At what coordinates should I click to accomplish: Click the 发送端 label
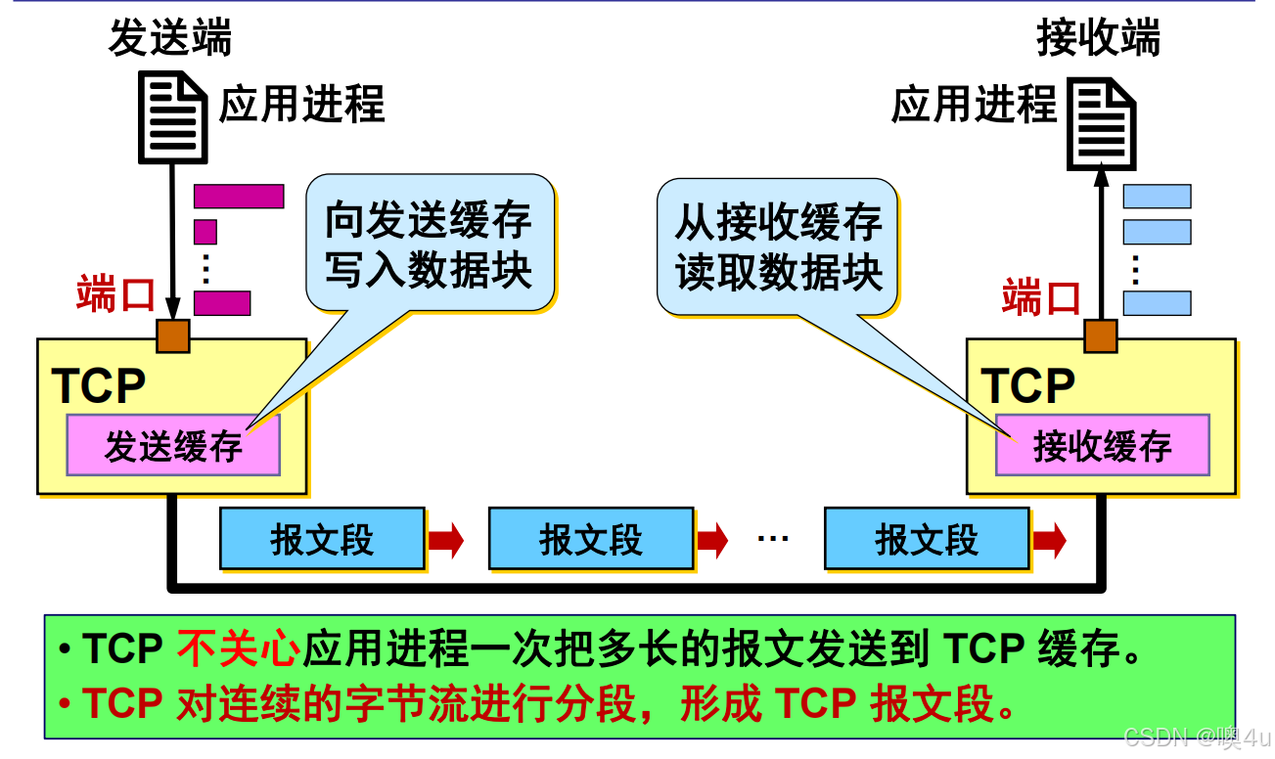pos(170,40)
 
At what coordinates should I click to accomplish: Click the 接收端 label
pos(1098,40)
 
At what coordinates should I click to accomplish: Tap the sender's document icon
pos(173,119)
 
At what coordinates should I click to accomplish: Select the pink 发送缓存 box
pos(173,446)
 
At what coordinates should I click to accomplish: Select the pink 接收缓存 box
pos(1102,446)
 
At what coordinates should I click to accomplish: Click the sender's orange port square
pos(173,335)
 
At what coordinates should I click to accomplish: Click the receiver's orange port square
pos(1101,335)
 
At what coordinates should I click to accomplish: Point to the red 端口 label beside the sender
pos(115,293)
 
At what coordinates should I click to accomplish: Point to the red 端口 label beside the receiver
pos(1041,295)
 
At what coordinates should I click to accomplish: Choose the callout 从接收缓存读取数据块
pos(778,246)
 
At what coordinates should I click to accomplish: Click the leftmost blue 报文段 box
pos(322,539)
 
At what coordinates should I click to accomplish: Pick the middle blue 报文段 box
pos(590,539)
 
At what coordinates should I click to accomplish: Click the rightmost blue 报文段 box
pos(926,539)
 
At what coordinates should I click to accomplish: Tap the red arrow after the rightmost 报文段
pos(1049,539)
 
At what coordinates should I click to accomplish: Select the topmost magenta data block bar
pos(238,197)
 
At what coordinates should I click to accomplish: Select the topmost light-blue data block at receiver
pos(1157,197)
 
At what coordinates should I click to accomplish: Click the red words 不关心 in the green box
pos(238,648)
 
